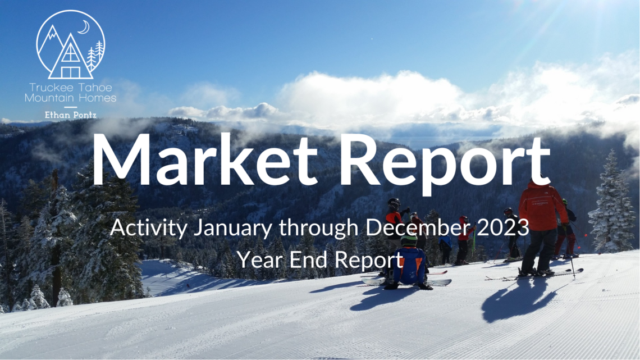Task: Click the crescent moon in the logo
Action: pos(85,28)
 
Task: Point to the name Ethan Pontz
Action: pos(71,115)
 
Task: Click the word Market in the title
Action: pos(204,159)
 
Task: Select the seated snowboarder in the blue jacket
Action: pos(409,264)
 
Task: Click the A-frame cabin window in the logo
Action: pos(70,52)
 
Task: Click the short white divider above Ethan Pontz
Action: pos(71,107)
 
